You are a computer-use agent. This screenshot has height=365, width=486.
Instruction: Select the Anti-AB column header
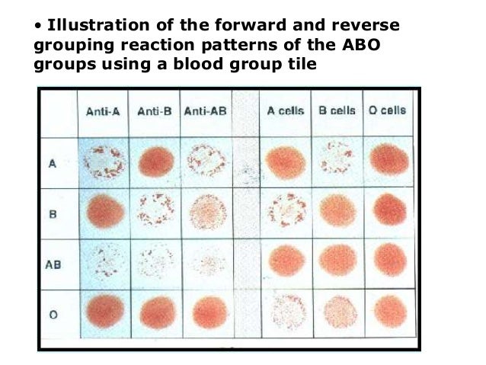(206, 111)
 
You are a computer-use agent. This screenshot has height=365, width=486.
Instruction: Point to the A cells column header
(285, 111)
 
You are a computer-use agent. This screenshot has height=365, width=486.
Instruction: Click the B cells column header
(337, 111)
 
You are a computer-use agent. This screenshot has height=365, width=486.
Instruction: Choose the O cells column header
(387, 111)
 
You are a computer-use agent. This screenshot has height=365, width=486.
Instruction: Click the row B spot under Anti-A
(106, 210)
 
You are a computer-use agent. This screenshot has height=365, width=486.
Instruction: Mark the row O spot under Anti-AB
(207, 312)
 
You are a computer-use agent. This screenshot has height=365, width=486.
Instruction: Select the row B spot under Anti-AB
(208, 210)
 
